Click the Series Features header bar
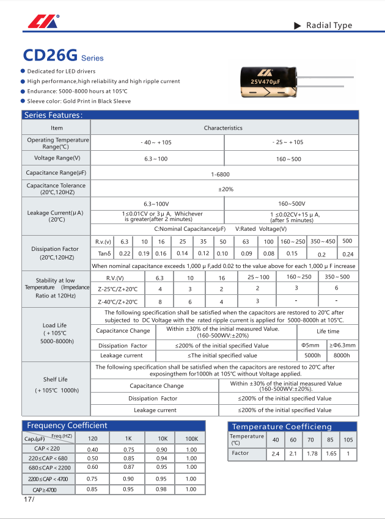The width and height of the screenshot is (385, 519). tap(53, 115)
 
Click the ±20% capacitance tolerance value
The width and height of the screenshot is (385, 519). tap(226, 189)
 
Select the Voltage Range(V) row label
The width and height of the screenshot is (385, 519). tap(57, 158)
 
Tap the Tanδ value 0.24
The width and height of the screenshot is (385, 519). tap(348, 255)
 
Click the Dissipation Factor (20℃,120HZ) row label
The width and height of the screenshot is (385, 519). tap(55, 253)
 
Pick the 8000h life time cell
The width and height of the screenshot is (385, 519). tap(343, 355)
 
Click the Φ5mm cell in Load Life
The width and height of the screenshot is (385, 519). tap(312, 345)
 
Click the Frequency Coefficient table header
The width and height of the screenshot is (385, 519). tap(67, 426)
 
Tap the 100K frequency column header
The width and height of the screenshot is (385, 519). tap(191, 438)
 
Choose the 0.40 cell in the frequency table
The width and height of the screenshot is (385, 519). tap(93, 449)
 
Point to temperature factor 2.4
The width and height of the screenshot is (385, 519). tap(275, 454)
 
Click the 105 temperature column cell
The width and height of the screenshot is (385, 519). tap(348, 440)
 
